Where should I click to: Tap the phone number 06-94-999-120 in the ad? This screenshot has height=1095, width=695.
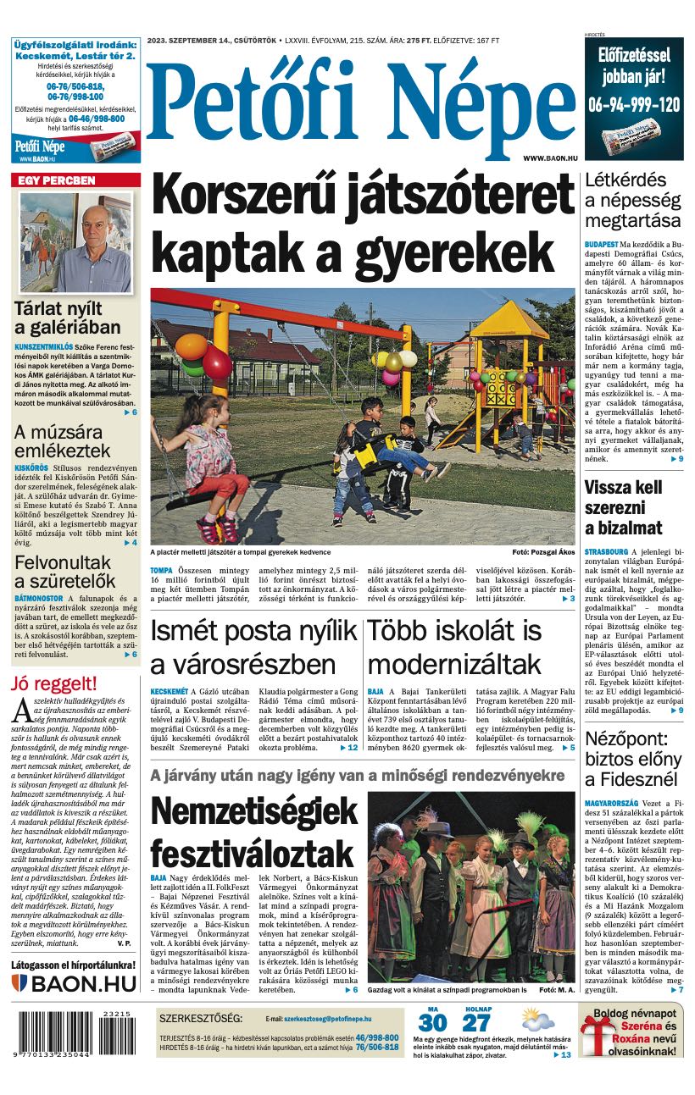pyautogui.click(x=634, y=105)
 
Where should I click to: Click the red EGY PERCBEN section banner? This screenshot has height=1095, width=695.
pyautogui.click(x=75, y=180)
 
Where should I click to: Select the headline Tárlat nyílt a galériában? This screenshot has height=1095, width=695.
pyautogui.click(x=68, y=318)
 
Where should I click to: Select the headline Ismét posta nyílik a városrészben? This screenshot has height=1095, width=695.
pyautogui.click(x=253, y=646)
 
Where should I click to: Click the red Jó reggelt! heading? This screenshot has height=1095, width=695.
pyautogui.click(x=53, y=683)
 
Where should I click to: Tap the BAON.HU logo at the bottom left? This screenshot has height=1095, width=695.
pyautogui.click(x=74, y=983)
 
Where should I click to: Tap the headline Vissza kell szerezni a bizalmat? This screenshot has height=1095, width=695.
pyautogui.click(x=623, y=508)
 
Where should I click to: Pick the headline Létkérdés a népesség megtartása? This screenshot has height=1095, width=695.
pyautogui.click(x=633, y=201)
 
